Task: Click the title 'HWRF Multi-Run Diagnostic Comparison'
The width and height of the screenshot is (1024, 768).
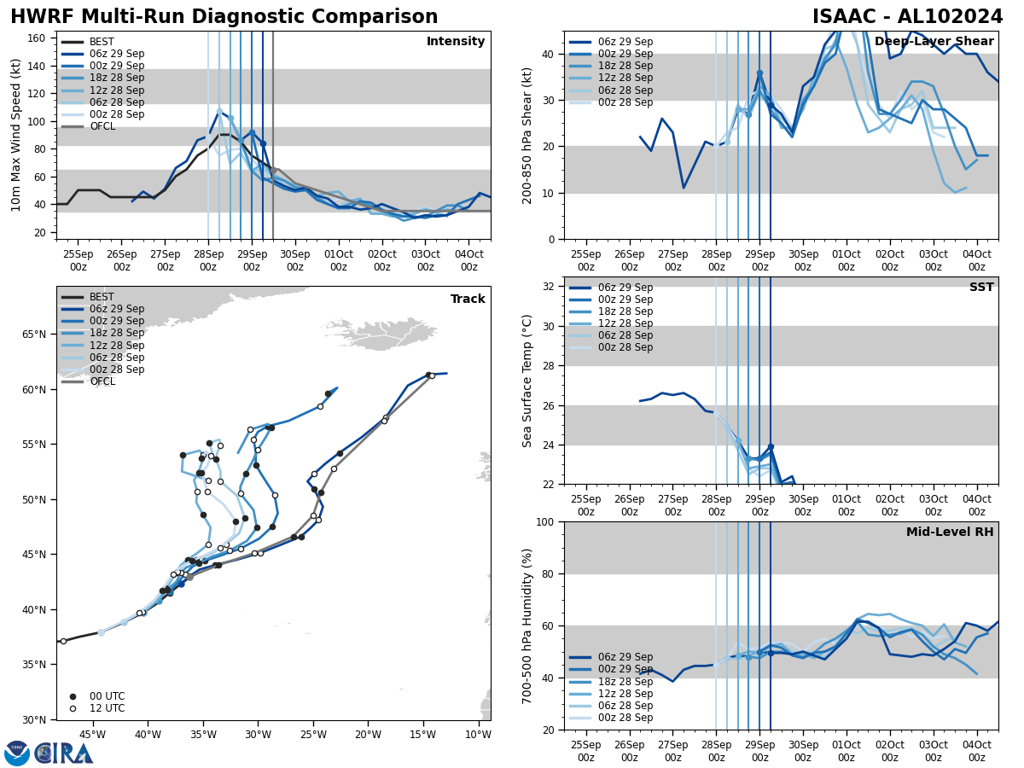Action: [x=224, y=17]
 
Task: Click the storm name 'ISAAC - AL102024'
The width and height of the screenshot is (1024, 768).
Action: [x=907, y=17]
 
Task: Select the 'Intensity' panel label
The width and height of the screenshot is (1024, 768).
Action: [x=456, y=42]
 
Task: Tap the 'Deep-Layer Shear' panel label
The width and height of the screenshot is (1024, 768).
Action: [x=934, y=42]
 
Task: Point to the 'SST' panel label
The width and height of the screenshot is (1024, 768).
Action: [x=980, y=288]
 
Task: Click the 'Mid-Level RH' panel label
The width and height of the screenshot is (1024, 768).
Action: [x=950, y=532]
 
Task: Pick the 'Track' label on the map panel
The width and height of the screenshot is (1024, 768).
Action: [x=468, y=300]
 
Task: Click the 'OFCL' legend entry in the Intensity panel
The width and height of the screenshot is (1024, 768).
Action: [x=102, y=126]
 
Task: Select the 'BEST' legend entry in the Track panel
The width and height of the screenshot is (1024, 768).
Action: [x=102, y=297]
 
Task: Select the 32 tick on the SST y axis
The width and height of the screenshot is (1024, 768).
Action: [x=550, y=287]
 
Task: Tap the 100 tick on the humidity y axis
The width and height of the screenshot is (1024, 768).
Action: [x=546, y=521]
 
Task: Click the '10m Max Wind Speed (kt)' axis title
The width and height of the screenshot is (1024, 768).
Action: [x=16, y=135]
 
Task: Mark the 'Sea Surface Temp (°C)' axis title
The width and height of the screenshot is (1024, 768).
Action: [x=527, y=381]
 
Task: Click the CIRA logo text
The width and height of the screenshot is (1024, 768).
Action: [x=64, y=753]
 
